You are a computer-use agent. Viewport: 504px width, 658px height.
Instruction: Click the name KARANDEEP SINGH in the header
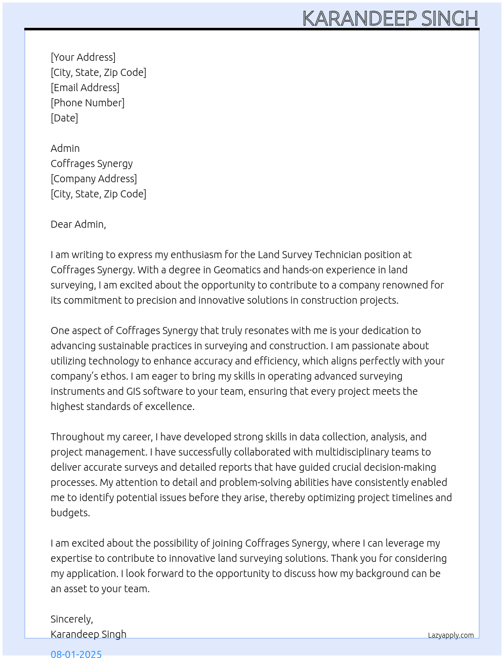click(x=390, y=19)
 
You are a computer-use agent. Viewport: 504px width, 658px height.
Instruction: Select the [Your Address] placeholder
click(x=83, y=57)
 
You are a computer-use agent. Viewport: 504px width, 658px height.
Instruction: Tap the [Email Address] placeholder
click(x=85, y=88)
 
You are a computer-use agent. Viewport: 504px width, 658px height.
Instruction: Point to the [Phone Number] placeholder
click(x=88, y=103)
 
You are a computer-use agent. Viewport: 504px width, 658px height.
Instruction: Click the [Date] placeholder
click(x=64, y=118)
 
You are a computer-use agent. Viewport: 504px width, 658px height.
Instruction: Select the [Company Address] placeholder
click(x=94, y=179)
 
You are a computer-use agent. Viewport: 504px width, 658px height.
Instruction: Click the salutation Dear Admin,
click(x=78, y=224)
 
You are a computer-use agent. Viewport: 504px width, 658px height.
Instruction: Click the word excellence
click(x=170, y=406)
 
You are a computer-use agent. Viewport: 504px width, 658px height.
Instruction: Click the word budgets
click(x=70, y=513)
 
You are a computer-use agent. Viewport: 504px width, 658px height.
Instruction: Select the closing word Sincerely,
click(x=72, y=619)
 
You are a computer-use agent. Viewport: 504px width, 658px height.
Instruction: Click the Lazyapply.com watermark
click(x=451, y=635)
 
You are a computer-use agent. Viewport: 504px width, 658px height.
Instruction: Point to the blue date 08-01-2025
click(x=76, y=653)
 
